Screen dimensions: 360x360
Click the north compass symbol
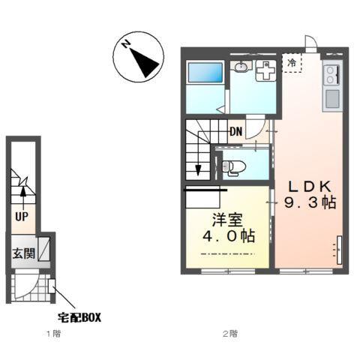(138, 57)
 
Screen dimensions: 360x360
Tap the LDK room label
(310, 186)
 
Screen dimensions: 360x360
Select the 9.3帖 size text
(310, 202)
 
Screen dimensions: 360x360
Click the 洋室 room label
(227, 220)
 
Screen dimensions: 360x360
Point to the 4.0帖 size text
(229, 236)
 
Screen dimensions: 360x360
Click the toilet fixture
(234, 166)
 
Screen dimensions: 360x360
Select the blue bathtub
(205, 73)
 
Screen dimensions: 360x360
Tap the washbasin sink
(241, 67)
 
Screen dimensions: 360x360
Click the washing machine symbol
(265, 70)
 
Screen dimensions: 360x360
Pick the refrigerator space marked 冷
(292, 63)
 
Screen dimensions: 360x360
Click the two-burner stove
(331, 75)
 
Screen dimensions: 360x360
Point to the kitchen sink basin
(332, 99)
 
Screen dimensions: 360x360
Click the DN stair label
(236, 131)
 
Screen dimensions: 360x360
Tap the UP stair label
(22, 217)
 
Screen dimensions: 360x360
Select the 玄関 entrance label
(24, 253)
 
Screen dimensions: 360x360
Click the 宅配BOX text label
(79, 318)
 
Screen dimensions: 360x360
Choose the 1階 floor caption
(54, 334)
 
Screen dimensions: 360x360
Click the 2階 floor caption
(230, 334)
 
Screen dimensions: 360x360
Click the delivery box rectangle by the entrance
(52, 286)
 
